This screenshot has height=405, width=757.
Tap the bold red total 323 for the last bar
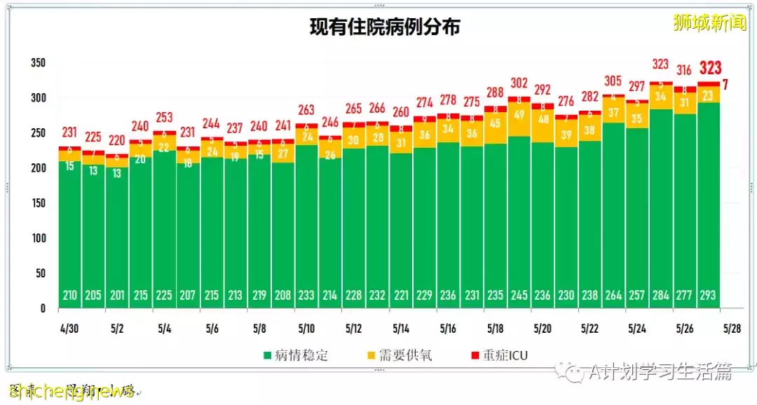click(709, 68)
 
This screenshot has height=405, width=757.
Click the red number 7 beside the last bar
click(725, 85)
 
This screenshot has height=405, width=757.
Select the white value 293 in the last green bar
click(708, 296)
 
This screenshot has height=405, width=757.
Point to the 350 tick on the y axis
click(38, 63)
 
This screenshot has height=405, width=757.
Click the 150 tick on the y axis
click(38, 203)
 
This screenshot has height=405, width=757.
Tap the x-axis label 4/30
click(68, 328)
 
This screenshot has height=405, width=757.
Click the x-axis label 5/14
click(401, 328)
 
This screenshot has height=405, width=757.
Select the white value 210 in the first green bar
click(69, 296)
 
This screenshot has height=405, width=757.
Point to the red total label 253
click(165, 117)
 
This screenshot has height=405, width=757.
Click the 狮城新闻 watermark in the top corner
click(709, 23)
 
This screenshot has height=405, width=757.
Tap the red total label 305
click(613, 80)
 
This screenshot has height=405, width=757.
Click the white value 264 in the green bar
click(613, 296)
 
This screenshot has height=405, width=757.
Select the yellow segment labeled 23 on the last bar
click(709, 95)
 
